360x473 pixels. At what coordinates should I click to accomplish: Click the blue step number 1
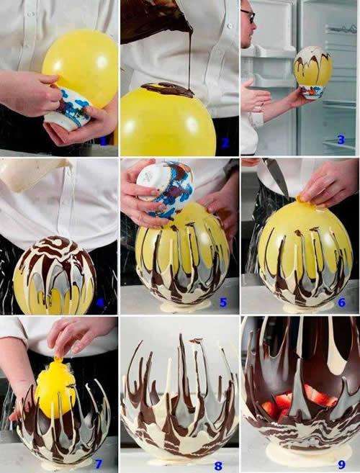click(x=103, y=141)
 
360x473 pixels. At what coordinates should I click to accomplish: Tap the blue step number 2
click(x=225, y=143)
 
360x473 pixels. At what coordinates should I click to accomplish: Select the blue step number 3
click(x=341, y=140)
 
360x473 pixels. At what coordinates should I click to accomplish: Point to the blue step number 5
click(x=223, y=302)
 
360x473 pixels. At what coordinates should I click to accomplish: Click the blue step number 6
click(x=341, y=302)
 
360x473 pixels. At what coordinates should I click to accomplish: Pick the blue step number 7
click(x=99, y=464)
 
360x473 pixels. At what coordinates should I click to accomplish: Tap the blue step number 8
click(x=218, y=466)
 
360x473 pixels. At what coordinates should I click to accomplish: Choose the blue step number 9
click(x=341, y=464)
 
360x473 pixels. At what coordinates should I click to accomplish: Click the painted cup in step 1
click(x=68, y=109)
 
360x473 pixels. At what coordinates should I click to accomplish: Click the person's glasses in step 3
click(x=248, y=16)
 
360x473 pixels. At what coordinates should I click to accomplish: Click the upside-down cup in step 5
click(x=164, y=189)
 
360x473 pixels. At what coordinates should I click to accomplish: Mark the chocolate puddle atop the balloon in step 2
click(x=168, y=90)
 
